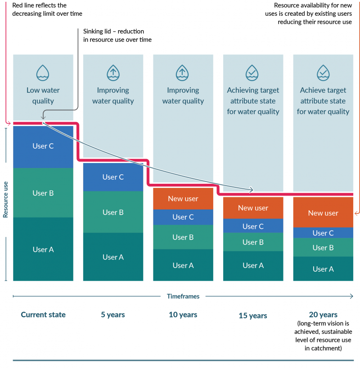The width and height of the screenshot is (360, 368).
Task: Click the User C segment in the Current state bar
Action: coord(43,146)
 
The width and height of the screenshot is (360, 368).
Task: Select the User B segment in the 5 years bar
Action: coord(113,212)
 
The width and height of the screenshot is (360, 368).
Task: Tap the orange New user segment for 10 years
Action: coord(183,199)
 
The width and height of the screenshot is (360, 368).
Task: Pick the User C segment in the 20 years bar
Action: coord(323,233)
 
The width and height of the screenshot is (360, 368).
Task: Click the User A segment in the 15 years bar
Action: coord(253,266)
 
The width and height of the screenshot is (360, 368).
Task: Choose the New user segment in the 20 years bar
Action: coord(323,213)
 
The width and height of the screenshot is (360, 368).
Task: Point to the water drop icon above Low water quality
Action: coord(43,72)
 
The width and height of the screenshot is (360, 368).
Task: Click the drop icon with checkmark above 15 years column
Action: coord(253,72)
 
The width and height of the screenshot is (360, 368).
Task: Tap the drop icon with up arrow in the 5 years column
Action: coord(113,72)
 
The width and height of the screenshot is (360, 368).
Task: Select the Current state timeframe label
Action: coord(43,315)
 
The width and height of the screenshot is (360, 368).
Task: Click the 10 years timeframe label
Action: coord(183,315)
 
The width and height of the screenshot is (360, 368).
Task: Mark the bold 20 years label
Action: coord(323,315)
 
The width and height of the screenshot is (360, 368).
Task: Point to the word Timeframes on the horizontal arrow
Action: coord(183,296)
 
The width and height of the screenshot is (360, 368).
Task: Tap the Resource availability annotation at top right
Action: coord(313,14)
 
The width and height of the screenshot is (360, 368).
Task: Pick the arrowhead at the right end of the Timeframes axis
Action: coord(351,296)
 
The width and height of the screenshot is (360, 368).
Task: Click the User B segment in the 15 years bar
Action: coord(253,242)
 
